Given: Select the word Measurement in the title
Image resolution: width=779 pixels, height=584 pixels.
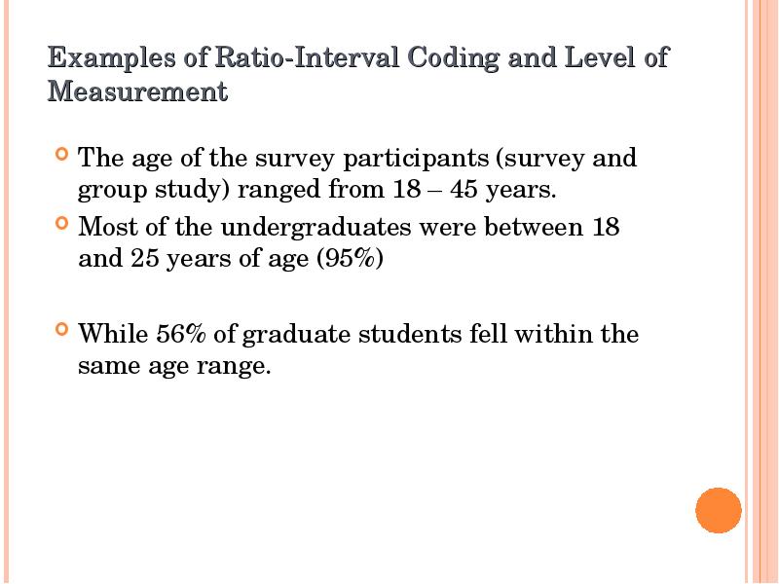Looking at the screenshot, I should click(137, 92).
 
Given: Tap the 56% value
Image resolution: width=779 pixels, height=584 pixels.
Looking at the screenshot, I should click(180, 335).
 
